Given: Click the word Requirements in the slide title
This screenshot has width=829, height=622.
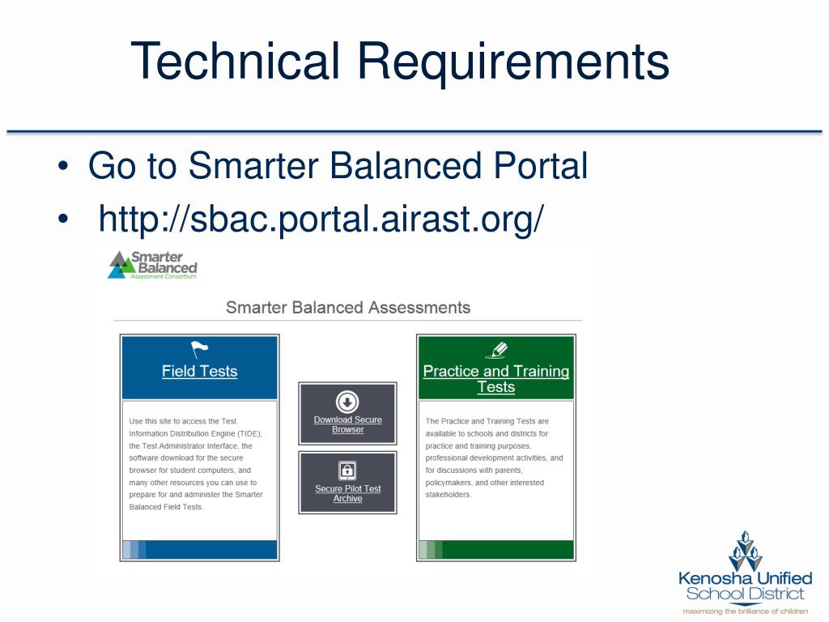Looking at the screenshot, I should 513,62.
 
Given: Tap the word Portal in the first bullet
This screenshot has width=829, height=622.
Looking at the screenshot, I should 537,166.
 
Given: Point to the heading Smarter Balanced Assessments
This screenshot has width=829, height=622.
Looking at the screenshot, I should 347,308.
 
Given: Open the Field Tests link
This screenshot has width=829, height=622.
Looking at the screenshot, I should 199,372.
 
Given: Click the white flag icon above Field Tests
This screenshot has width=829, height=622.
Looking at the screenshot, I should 199,350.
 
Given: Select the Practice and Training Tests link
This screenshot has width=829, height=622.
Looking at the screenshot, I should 495,379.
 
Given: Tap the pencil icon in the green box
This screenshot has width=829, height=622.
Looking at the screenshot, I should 495,350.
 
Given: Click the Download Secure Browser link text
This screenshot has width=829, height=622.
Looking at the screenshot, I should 347,424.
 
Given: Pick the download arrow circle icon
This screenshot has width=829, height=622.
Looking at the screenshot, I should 347,402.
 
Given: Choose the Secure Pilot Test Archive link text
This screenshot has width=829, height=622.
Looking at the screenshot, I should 347,493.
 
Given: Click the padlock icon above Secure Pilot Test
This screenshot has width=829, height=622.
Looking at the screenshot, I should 347,471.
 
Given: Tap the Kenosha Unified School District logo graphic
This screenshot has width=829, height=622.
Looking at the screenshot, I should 745,551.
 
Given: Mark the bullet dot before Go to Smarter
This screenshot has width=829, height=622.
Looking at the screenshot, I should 62,168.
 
